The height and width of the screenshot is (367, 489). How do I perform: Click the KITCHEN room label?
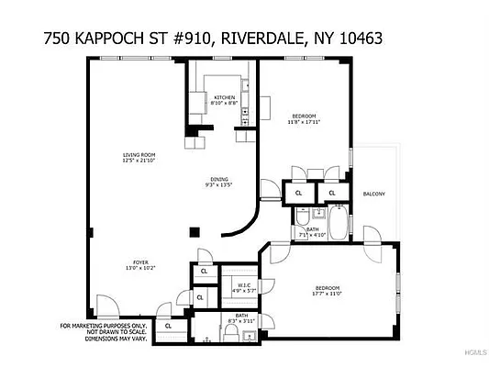pyautogui.click(x=225, y=97)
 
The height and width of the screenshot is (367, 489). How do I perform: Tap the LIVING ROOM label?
pyautogui.click(x=140, y=154)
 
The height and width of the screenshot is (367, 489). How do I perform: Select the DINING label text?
pyautogui.click(x=218, y=179)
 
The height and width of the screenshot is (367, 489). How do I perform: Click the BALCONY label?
pyautogui.click(x=373, y=194)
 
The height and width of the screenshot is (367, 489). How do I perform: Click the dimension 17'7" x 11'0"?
pyautogui.click(x=328, y=294)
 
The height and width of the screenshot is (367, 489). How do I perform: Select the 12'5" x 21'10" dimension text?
pyautogui.click(x=140, y=161)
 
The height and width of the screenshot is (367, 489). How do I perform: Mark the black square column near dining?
pyautogui.click(x=194, y=231)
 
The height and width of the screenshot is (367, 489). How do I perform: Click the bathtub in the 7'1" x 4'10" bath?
pyautogui.click(x=337, y=224)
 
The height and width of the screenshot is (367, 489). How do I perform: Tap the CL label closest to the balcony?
pyautogui.click(x=331, y=194)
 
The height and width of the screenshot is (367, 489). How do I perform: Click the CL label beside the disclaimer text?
pyautogui.click(x=168, y=325)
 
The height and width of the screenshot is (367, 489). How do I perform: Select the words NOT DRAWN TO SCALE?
pyautogui.click(x=102, y=331)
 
